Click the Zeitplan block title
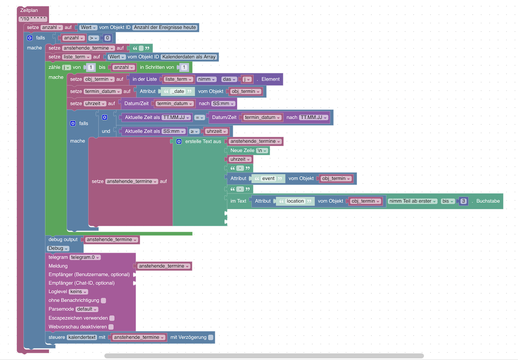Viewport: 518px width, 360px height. [29, 10]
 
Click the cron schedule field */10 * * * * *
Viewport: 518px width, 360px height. [33, 19]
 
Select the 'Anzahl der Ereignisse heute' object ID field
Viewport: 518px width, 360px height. [165, 27]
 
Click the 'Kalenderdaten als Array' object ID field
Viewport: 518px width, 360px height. [189, 57]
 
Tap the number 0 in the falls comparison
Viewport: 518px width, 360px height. [107, 38]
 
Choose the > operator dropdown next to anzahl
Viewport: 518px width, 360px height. [93, 38]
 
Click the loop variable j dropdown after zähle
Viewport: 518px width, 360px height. [67, 67]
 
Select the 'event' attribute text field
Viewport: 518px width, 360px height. [268, 179]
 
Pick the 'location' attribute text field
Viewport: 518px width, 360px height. [295, 201]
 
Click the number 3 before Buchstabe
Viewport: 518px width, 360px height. [464, 201]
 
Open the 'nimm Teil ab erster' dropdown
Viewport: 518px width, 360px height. [412, 201]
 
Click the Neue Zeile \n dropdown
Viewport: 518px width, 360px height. [262, 151]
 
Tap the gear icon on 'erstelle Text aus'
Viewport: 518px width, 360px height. [179, 142]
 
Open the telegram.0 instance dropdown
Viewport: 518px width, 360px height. [85, 257]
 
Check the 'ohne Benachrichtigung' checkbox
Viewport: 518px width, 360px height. [104, 301]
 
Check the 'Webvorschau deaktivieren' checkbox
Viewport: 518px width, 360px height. [111, 327]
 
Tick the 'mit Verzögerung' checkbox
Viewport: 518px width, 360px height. [211, 338]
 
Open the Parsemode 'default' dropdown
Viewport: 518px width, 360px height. [87, 309]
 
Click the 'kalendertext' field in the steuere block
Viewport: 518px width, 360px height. [82, 338]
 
